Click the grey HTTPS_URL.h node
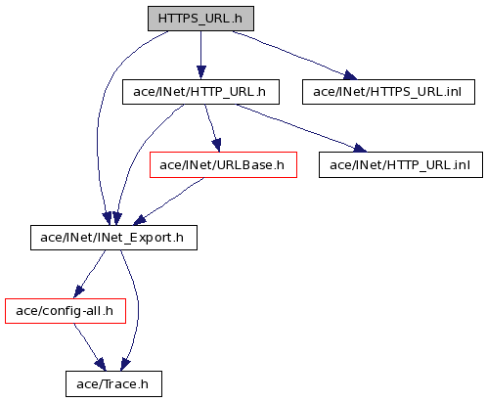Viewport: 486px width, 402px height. click(x=200, y=19)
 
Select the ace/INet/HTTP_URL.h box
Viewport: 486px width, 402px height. click(x=200, y=92)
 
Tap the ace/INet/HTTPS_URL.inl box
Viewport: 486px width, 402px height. click(x=388, y=92)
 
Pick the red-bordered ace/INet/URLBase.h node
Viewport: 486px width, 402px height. click(x=223, y=165)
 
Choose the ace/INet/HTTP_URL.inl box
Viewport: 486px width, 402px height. click(x=401, y=165)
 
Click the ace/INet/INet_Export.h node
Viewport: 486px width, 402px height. click(x=113, y=238)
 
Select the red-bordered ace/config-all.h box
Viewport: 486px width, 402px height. click(x=66, y=311)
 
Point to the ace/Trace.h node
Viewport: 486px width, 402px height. click(x=113, y=384)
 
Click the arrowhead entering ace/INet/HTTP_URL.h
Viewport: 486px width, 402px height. click(x=201, y=72)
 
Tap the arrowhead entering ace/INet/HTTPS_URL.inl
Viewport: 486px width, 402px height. click(x=350, y=75)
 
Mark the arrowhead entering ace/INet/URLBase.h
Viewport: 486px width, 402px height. click(x=217, y=145)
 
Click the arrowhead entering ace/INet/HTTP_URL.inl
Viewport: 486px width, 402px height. click(x=360, y=148)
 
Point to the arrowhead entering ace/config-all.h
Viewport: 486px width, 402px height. click(x=79, y=291)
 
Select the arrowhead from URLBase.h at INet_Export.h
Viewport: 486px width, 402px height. click(x=140, y=220)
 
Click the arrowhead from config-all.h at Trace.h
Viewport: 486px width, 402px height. click(x=101, y=365)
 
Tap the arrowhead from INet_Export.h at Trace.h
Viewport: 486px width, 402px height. click(x=125, y=365)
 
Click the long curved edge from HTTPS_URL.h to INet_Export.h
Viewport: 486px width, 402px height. click(x=98, y=130)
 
